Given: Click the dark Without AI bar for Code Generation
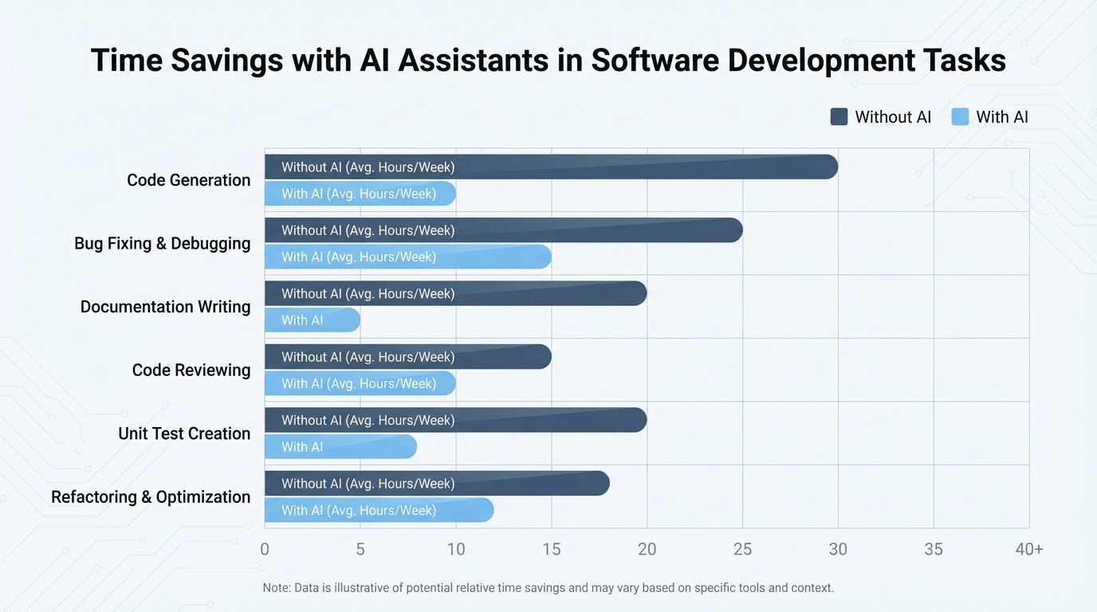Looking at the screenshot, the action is (x=550, y=167).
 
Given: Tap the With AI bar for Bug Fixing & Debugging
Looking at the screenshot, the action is (x=407, y=257).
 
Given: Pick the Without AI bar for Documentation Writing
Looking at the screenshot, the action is (x=455, y=293).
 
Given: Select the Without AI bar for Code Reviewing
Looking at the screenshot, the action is (x=407, y=357).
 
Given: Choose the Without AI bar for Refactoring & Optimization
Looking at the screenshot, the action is (x=437, y=484).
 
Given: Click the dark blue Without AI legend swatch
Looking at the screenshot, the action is (x=839, y=117).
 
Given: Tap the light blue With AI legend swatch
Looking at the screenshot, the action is (x=960, y=117).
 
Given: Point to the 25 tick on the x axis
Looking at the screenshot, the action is (x=742, y=549).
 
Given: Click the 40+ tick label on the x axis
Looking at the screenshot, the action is (x=1028, y=549).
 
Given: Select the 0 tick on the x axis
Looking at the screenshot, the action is (x=265, y=549).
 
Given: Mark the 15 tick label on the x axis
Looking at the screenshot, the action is (x=551, y=549).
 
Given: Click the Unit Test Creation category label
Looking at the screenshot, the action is (x=184, y=433).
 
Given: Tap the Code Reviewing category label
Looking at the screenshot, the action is (x=191, y=370).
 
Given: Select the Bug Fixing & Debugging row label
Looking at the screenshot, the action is (x=163, y=243).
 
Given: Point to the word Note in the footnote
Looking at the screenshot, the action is (x=277, y=588).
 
